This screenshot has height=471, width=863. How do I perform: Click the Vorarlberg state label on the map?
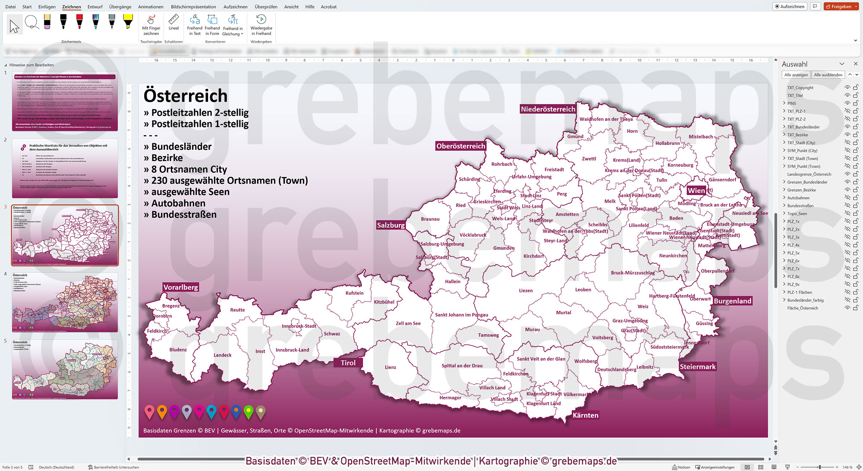point(181,288)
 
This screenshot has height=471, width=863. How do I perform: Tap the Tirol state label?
point(348,363)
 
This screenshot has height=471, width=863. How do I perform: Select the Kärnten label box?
point(585,415)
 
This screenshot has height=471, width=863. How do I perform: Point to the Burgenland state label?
point(732,301)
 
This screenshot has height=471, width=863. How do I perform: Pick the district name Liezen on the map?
point(526,291)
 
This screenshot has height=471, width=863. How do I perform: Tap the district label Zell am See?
point(408,323)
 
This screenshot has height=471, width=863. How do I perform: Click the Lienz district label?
point(390,367)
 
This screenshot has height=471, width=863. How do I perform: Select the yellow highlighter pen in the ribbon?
point(128,22)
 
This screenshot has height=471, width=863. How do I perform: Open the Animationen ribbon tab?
point(151,7)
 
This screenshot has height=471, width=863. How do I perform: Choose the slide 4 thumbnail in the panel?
point(65,302)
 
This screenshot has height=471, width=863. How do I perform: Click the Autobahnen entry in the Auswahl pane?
point(798,198)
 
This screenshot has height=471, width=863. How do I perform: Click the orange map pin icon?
point(162,411)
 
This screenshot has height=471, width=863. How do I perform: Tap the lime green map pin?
point(249,411)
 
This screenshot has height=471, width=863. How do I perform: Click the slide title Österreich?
point(186,96)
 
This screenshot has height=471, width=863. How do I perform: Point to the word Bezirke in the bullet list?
point(167,158)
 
